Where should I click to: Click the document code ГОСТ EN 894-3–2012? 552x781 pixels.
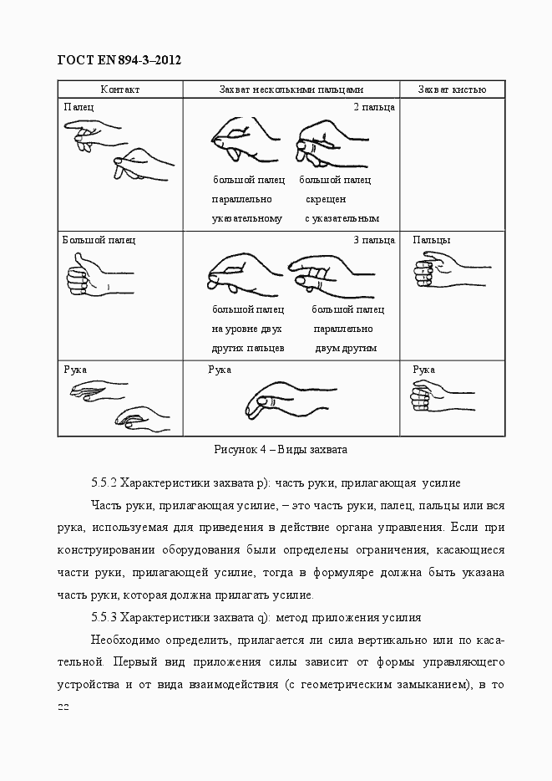click(x=119, y=60)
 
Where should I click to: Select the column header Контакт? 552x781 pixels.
click(x=119, y=89)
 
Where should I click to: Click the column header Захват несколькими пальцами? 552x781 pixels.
click(x=291, y=89)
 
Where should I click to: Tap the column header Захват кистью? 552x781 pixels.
click(x=452, y=89)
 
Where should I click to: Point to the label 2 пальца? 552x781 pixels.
click(x=373, y=107)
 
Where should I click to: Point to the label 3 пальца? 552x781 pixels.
click(x=373, y=240)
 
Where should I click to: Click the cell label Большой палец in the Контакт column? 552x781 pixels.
click(x=99, y=240)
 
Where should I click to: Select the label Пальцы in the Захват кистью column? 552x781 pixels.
click(x=432, y=240)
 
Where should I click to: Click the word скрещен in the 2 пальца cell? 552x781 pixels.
click(x=326, y=199)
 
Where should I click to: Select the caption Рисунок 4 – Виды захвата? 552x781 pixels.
click(x=280, y=449)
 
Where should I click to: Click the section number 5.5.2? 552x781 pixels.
click(x=104, y=483)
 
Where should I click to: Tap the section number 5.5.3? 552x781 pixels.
click(x=104, y=617)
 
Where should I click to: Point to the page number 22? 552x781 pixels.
click(x=63, y=707)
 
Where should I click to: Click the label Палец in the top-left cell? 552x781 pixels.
click(x=78, y=107)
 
